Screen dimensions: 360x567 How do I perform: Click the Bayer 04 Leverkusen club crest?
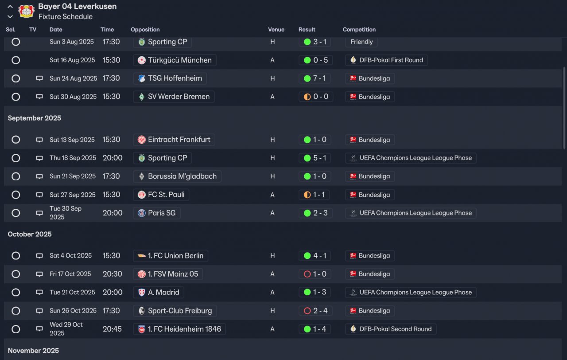26,11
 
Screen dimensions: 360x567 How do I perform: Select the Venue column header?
276,30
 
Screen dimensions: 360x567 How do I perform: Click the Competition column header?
359,30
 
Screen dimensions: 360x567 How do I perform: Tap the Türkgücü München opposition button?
175,60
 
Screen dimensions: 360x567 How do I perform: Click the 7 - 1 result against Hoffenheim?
315,78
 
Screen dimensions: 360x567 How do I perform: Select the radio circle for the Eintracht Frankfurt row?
16,140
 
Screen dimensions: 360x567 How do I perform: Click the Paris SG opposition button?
157,213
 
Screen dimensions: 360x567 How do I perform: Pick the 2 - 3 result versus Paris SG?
315,213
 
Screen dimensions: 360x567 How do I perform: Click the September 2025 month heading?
35,118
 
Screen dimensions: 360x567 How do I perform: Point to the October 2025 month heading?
30,234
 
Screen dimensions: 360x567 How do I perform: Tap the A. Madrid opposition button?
159,293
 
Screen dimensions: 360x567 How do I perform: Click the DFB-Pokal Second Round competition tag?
391,329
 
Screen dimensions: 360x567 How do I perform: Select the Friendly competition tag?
361,42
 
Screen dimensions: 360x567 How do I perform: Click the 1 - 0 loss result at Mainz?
315,274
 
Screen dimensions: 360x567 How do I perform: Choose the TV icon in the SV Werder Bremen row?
39,97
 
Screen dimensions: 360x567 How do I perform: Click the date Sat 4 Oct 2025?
70,256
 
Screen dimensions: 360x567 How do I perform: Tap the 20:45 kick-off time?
113,329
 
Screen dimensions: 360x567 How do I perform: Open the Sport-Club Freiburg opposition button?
175,311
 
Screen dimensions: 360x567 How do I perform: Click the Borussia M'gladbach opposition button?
177,176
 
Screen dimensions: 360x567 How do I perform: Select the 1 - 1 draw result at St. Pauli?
315,195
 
